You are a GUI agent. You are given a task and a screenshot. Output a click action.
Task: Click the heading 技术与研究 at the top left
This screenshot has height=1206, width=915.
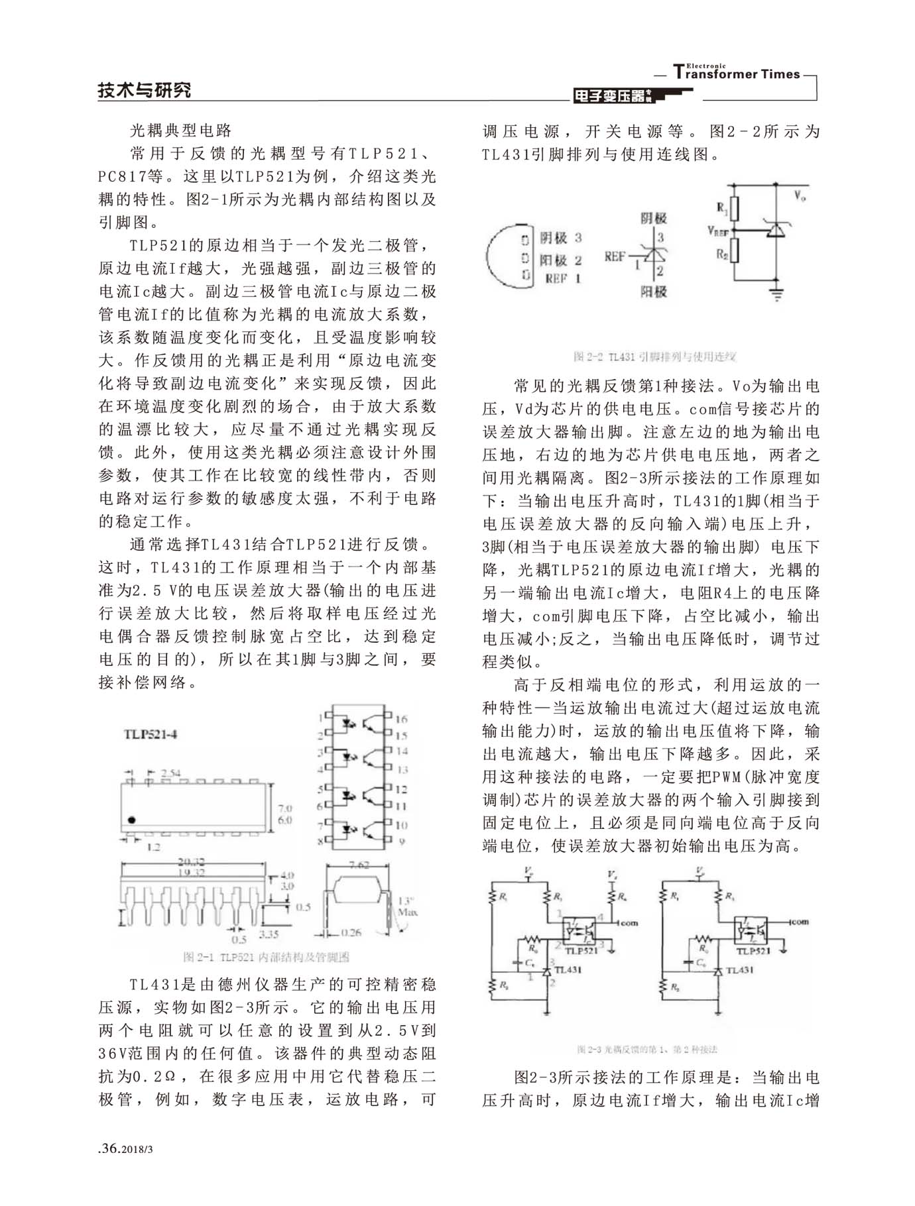tap(144, 90)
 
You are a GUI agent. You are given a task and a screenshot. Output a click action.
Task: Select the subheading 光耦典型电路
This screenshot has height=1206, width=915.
tap(181, 130)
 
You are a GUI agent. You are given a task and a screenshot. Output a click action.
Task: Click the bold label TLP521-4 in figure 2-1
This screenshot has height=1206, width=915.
tap(151, 734)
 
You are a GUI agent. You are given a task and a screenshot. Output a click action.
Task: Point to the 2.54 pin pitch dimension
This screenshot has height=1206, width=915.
tap(171, 773)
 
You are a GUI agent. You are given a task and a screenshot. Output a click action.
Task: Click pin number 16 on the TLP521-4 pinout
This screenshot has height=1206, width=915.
tap(402, 719)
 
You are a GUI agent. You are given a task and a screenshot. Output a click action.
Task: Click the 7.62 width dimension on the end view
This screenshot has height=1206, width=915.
tap(359, 865)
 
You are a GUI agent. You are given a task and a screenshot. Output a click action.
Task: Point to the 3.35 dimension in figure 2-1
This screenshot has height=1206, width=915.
tap(268, 934)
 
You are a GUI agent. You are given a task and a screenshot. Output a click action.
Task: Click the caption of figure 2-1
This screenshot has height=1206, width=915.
tap(266, 957)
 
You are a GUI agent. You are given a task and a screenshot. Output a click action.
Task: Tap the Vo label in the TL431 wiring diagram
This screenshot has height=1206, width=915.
tap(800, 195)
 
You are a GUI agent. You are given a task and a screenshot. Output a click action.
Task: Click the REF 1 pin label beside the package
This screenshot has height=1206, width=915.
tap(562, 279)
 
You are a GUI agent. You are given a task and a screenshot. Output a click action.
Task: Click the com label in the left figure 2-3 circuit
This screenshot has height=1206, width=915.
tap(629, 922)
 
